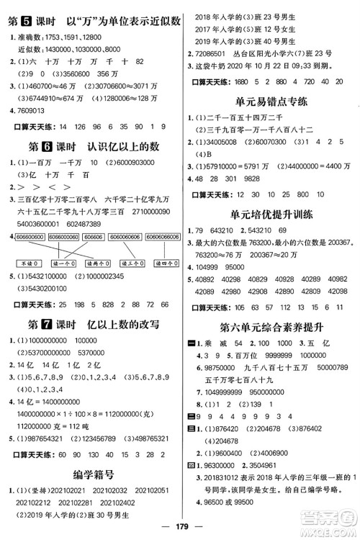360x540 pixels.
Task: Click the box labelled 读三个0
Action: tap(131, 264)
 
